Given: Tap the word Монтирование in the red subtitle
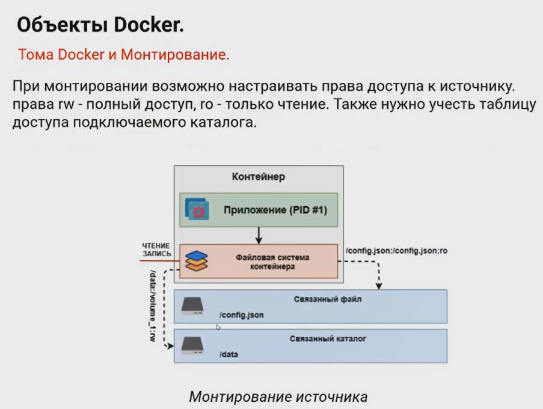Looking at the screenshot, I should pyautogui.click(x=174, y=55).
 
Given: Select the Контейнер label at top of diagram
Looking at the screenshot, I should pyautogui.click(x=259, y=177).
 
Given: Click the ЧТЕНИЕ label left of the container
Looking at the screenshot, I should pyautogui.click(x=156, y=246).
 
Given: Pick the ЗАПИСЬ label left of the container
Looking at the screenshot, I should pyautogui.click(x=156, y=254).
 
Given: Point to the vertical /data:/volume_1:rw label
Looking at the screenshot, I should pyautogui.click(x=153, y=307).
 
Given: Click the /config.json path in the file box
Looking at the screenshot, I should pyautogui.click(x=242, y=315).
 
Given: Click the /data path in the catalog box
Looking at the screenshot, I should pyautogui.click(x=229, y=354).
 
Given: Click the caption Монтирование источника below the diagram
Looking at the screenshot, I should pyautogui.click(x=278, y=397).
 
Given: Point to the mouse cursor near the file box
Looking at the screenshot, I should pyautogui.click(x=218, y=327).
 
